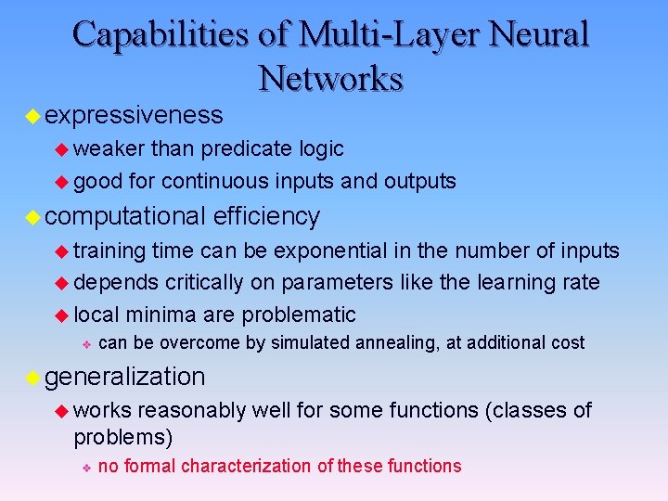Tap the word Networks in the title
[331, 78]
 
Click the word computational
[124, 216]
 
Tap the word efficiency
[266, 216]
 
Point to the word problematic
[297, 314]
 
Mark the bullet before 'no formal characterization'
[85, 467]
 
